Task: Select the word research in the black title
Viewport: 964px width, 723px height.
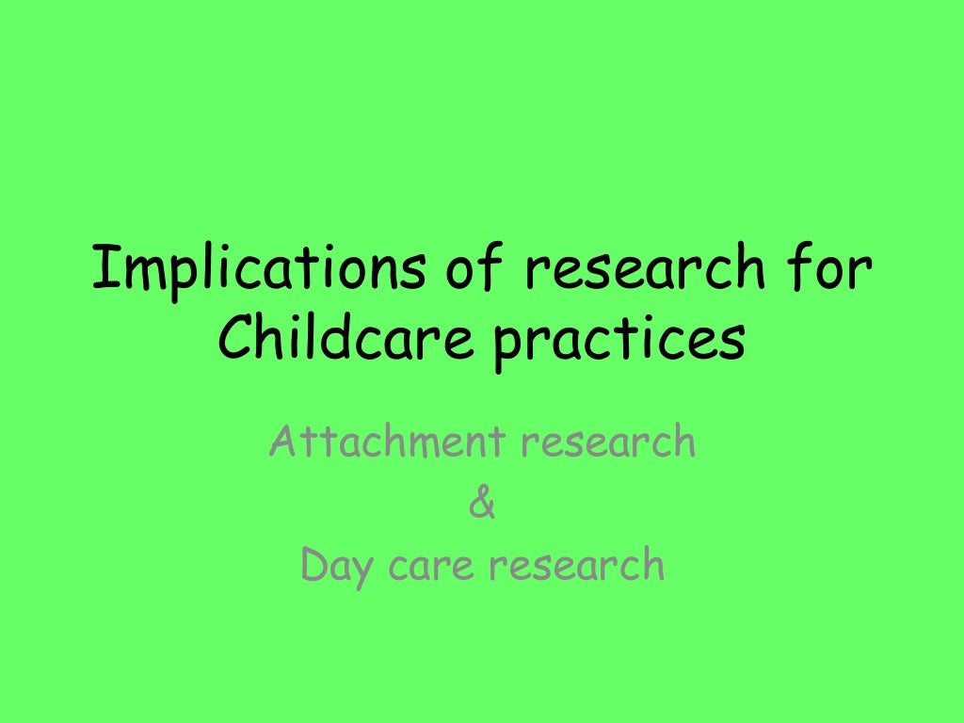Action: (x=644, y=270)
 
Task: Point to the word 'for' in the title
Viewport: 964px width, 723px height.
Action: (x=829, y=270)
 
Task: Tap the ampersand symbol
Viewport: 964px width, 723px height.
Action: (x=481, y=505)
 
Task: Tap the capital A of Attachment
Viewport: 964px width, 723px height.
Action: (x=281, y=442)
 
